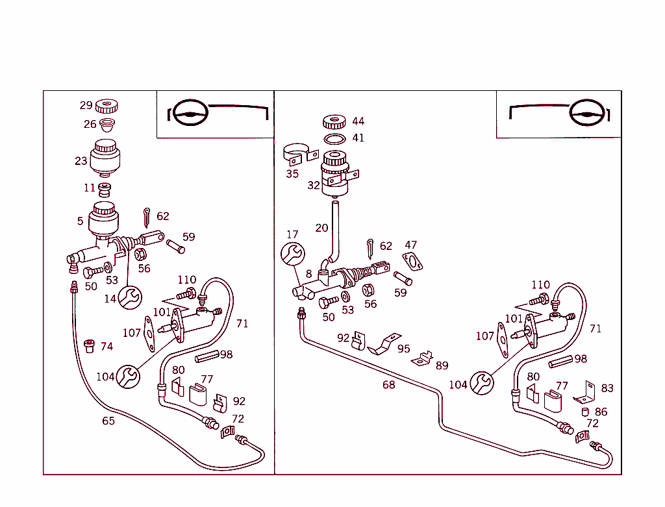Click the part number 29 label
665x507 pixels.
pos(86,106)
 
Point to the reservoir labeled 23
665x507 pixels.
pos(105,157)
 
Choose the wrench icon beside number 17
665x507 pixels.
pos(292,253)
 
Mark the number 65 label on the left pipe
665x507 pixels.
pos(108,421)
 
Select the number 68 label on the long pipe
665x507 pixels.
pos(388,385)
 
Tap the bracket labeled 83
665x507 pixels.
pos(587,391)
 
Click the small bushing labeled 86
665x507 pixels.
pos(585,412)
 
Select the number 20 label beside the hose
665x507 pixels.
pos(322,228)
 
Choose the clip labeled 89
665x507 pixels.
pos(426,358)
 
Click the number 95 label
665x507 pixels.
pos(404,349)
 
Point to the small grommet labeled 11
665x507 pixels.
pos(105,190)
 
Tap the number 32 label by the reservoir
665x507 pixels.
pos(314,185)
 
